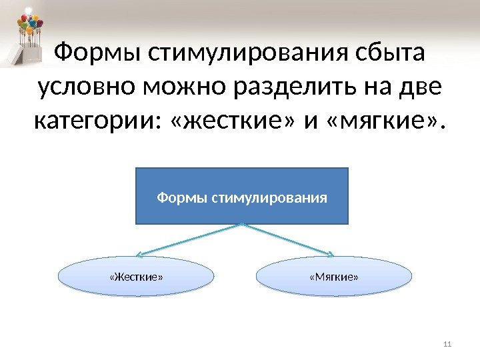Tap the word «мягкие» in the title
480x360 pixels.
click(377, 122)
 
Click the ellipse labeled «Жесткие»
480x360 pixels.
click(137, 276)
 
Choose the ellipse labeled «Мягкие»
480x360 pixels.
click(334, 276)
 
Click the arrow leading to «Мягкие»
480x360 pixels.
click(290, 239)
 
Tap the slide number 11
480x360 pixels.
click(447, 344)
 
